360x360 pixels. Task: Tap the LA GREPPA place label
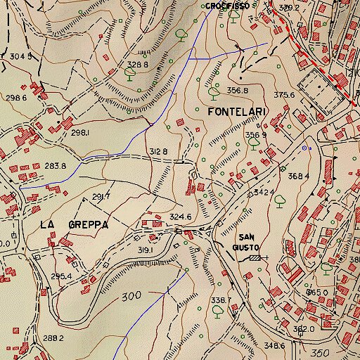(x=74, y=224)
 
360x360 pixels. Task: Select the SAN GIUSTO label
(x=249, y=242)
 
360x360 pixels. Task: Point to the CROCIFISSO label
(x=229, y=6)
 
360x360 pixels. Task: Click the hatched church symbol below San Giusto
(x=254, y=258)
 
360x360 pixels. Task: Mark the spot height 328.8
(x=136, y=65)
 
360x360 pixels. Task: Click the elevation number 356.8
(x=238, y=90)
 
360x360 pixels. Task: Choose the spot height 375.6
(x=284, y=95)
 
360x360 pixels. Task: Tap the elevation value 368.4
(x=298, y=176)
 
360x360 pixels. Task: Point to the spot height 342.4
(x=264, y=191)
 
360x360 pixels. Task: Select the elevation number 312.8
(x=158, y=152)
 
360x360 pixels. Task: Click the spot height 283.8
(x=55, y=166)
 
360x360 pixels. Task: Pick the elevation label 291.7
(x=102, y=196)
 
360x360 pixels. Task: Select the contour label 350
(x=321, y=352)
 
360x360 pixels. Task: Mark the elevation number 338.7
(x=221, y=300)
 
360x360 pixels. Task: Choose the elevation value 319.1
(x=146, y=250)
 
